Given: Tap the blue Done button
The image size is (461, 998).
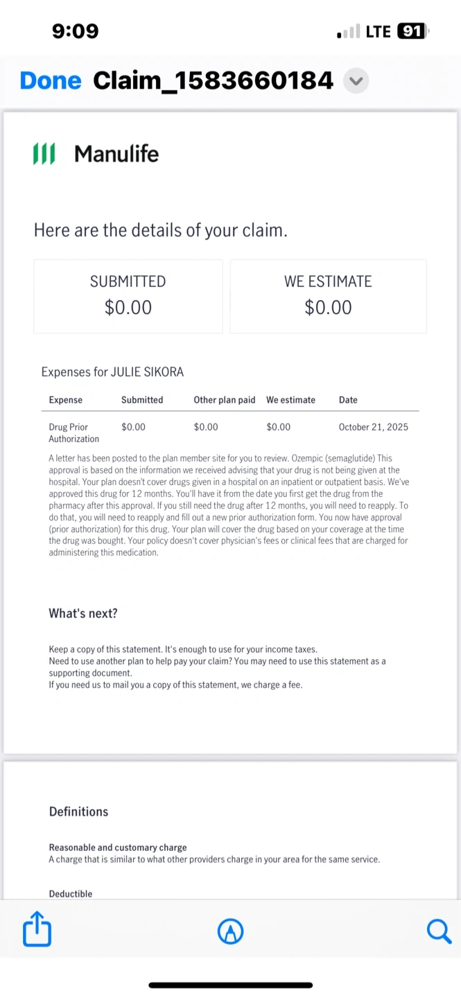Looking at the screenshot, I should [x=51, y=81].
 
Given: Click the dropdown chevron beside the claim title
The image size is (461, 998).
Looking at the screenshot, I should [x=356, y=81].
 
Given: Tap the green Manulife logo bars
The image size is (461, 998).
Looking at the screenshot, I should [x=44, y=154].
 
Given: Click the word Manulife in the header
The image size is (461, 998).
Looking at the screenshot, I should [x=116, y=154].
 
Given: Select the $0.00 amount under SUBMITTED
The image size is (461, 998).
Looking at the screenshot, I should [x=128, y=307].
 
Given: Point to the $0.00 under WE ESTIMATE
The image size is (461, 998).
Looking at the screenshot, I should [x=328, y=307].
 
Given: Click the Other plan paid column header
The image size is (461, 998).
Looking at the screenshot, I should [x=225, y=400].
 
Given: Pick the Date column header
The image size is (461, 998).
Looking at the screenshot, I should [x=348, y=400].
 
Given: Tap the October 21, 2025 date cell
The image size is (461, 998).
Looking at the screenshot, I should [x=373, y=427].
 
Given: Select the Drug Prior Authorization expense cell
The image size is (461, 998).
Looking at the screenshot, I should [x=73, y=432].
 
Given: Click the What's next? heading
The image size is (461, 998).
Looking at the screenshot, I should [x=83, y=613].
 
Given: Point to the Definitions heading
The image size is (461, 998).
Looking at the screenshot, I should [x=78, y=812].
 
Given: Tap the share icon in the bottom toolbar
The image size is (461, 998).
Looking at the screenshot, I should [x=37, y=929].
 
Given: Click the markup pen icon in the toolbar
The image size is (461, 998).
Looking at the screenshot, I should [x=231, y=931].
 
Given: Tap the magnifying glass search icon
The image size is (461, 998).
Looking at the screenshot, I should [x=439, y=931].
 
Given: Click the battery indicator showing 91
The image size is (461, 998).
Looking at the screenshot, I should [x=412, y=31].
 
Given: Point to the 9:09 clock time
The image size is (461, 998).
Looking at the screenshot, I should [x=76, y=31].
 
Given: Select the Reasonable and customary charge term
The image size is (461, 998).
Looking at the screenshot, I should [x=118, y=848].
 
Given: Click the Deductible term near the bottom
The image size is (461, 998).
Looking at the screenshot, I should [x=71, y=894].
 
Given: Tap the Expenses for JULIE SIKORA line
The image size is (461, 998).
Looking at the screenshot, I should [x=112, y=372].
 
